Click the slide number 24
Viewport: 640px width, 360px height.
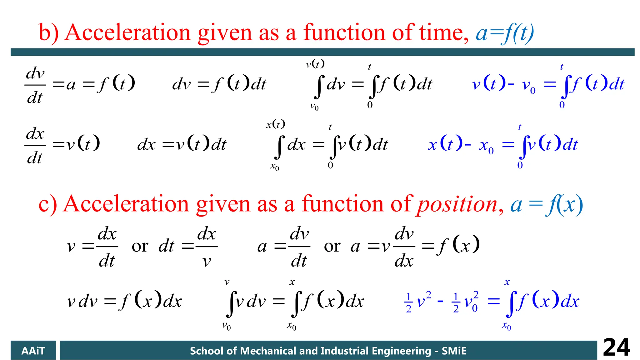616,347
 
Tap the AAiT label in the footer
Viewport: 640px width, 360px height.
33,351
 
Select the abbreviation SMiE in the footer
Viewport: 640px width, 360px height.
454,351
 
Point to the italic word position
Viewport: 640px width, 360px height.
457,205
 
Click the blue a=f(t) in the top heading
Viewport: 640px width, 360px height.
504,33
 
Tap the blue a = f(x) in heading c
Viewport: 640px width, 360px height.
547,205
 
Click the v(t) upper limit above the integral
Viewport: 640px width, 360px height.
315,64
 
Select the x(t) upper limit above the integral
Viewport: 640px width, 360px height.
275,124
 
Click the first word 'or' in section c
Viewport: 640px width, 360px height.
140,247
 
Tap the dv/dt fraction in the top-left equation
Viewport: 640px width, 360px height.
35,85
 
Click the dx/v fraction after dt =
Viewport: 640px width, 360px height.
207,247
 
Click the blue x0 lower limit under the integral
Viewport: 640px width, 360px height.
506,326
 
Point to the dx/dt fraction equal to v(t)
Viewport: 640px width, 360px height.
35,146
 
